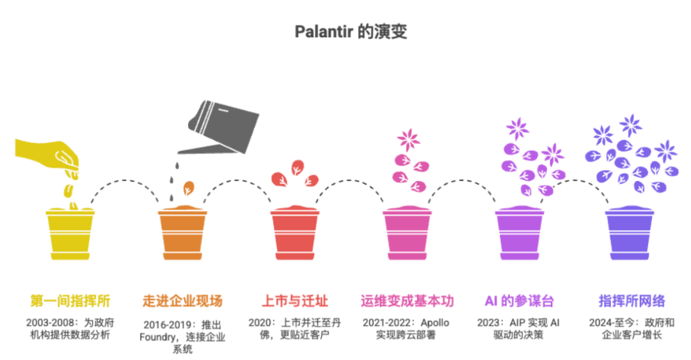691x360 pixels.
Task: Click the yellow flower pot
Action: tap(70, 235)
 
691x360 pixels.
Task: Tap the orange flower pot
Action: tap(182, 235)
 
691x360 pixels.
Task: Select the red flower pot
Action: tap(294, 235)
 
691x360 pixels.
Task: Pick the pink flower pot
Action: tap(407, 235)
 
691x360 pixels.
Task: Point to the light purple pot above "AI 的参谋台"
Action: tap(519, 235)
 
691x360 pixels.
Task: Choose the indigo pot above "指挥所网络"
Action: tap(631, 235)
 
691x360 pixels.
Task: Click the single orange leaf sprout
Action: tap(189, 188)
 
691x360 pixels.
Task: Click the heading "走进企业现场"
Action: tap(182, 301)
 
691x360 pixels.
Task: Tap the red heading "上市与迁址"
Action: tap(294, 301)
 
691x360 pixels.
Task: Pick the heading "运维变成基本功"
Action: tap(407, 301)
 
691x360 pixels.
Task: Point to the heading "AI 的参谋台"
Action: tap(519, 301)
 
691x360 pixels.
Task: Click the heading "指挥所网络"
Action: tap(631, 301)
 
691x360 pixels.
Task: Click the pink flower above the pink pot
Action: tap(408, 139)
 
